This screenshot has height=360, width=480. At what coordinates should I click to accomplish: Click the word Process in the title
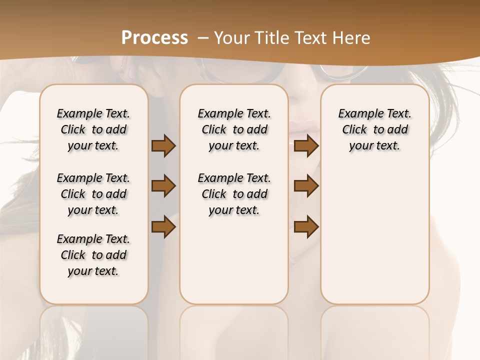point(154,38)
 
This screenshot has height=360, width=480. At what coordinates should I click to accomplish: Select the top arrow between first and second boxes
point(163,145)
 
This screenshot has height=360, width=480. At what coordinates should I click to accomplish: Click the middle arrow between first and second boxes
point(163,186)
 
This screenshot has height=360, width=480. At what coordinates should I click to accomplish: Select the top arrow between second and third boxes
point(306,145)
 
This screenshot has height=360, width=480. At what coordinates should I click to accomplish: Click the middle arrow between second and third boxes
point(306,186)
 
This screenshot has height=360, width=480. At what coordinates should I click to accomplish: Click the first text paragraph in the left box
point(93,129)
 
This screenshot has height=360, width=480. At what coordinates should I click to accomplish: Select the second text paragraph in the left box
point(93,194)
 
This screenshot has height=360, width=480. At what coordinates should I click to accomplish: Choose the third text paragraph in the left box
point(93,255)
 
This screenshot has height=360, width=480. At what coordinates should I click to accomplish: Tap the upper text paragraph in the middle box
point(234,129)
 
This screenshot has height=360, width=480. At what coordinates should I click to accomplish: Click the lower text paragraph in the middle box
point(234,194)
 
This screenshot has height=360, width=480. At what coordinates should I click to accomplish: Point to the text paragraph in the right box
point(375,129)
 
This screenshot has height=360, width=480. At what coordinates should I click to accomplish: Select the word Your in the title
point(232,38)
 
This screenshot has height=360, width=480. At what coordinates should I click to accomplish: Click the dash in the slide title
point(202,38)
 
